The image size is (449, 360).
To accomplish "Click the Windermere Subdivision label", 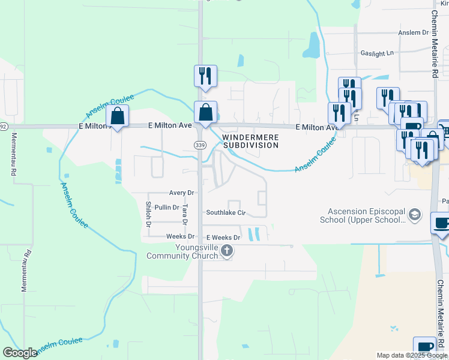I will click(250, 141).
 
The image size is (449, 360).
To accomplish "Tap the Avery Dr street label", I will click(181, 193).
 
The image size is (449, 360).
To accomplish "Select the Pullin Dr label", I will click(167, 208).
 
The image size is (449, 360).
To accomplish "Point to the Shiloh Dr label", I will click(148, 214).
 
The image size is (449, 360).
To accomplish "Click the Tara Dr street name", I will click(185, 214).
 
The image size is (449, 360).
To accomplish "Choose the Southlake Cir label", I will click(226, 212).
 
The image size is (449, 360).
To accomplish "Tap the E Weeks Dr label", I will click(223, 238).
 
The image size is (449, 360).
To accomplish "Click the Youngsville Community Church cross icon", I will click(226, 251).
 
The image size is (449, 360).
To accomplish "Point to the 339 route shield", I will click(200, 145).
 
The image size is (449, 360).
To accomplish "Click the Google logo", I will click(20, 353).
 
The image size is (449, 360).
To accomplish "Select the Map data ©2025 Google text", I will click(411, 355).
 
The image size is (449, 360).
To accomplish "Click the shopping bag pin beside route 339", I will click(205, 112).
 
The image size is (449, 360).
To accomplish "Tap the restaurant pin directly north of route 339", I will click(205, 76).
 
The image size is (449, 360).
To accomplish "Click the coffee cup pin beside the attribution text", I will click(424, 347).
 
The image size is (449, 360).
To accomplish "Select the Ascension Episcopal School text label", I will click(367, 215).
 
